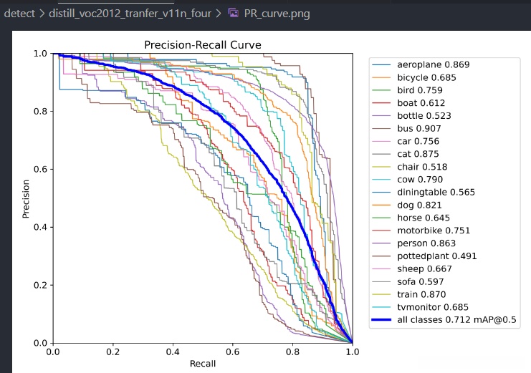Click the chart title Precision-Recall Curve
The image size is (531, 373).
click(202, 44)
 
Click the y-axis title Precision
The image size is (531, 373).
click(26, 198)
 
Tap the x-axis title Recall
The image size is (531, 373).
click(202, 364)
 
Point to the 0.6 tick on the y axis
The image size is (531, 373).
click(39, 170)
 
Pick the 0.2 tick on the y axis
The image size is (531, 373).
click(39, 285)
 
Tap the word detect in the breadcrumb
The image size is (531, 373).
click(19, 13)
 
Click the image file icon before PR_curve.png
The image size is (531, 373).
click(234, 13)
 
